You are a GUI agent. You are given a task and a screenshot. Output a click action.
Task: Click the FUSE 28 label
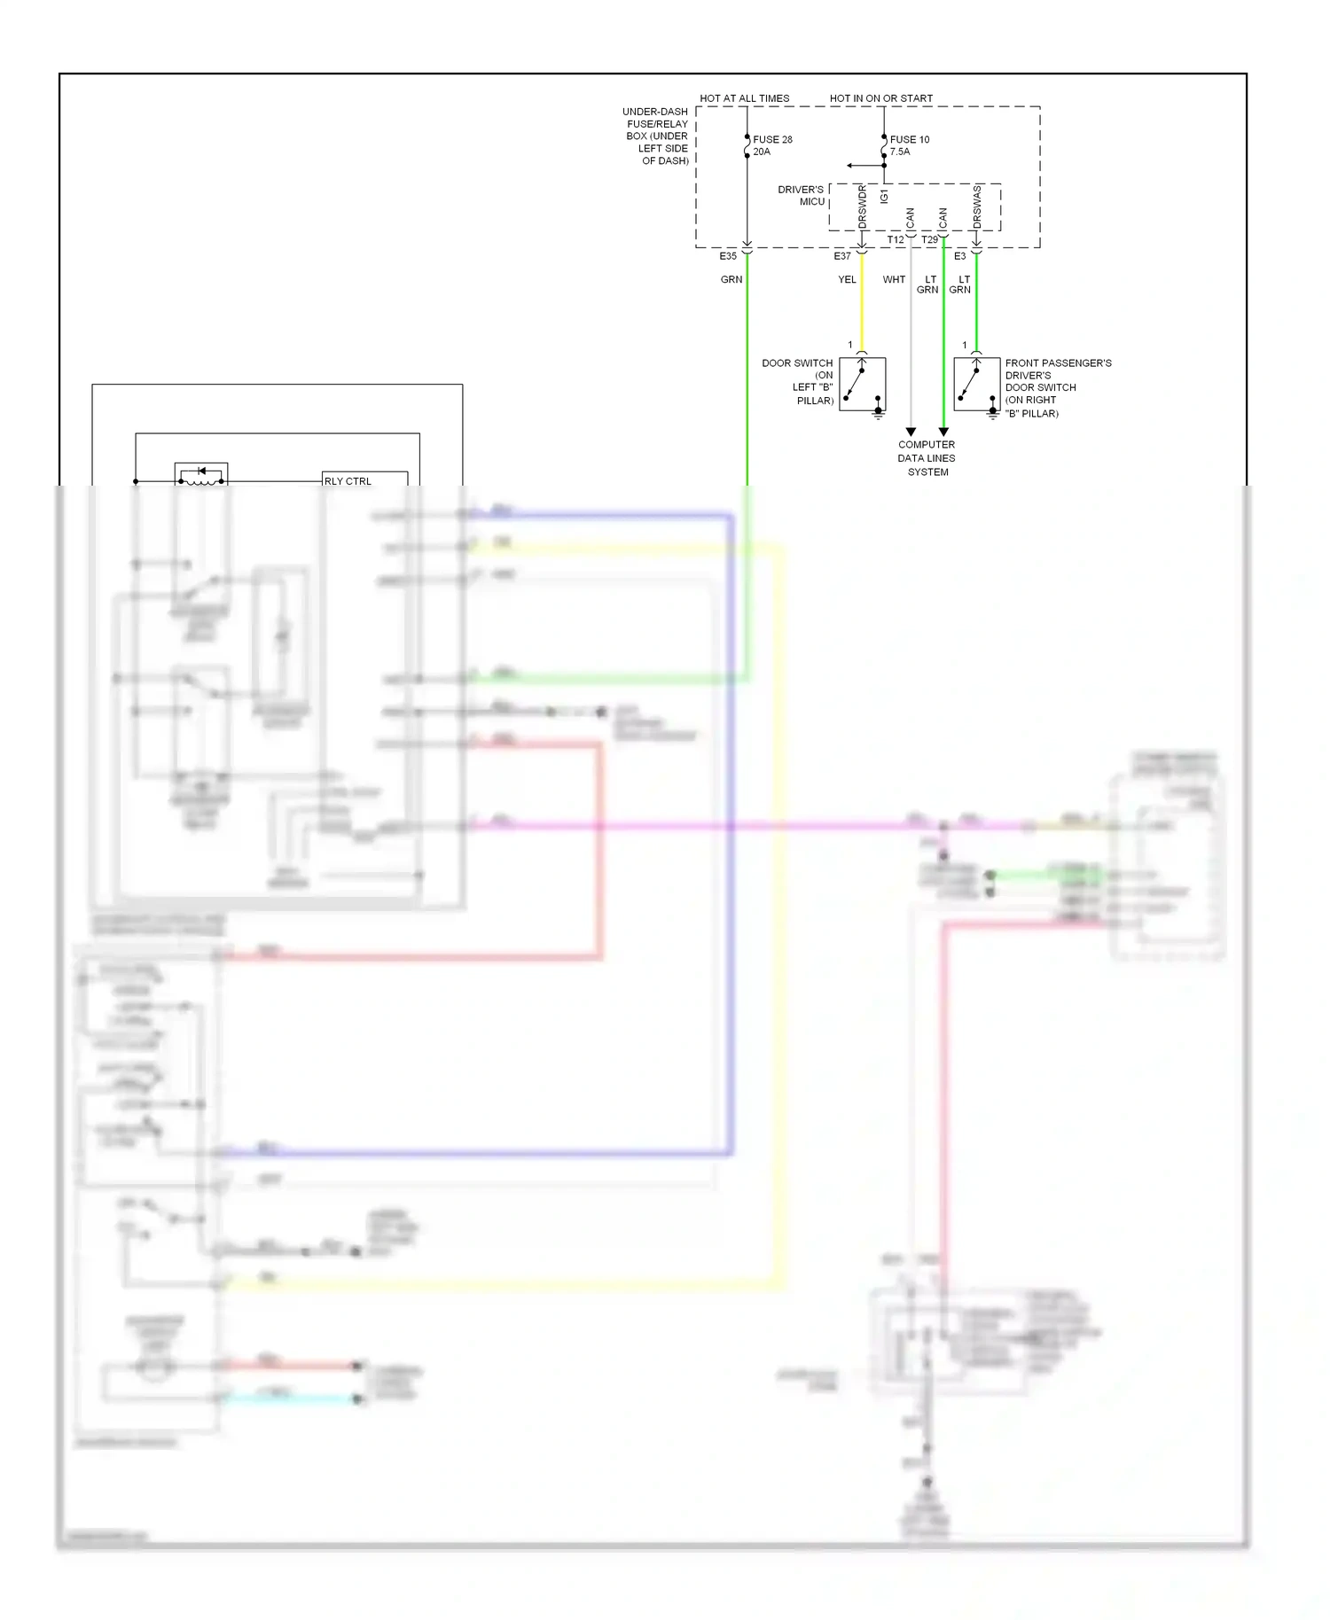[772, 139]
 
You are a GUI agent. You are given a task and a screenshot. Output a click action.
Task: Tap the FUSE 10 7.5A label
[909, 145]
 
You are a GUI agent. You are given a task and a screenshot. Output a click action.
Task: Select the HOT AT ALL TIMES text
[744, 98]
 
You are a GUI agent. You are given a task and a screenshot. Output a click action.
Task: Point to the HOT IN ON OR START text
[880, 98]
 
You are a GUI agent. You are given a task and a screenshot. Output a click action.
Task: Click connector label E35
[727, 256]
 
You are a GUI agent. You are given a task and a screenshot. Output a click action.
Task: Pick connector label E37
[841, 256]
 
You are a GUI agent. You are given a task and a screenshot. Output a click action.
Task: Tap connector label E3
[959, 256]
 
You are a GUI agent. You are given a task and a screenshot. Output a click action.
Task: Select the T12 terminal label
[896, 240]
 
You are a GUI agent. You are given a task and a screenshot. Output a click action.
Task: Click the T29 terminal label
[929, 240]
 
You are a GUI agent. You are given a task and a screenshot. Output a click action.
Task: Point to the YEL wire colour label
[847, 279]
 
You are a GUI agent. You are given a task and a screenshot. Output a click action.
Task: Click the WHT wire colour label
[894, 279]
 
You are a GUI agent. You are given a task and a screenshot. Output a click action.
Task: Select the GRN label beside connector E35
[731, 279]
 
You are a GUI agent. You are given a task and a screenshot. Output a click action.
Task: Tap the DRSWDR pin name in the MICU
[862, 206]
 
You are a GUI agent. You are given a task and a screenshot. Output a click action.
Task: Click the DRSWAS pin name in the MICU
[977, 206]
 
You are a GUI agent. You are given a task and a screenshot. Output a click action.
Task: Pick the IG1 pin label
[884, 196]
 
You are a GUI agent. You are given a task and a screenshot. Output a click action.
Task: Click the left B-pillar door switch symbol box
[862, 384]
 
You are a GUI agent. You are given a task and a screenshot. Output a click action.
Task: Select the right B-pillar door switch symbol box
[976, 384]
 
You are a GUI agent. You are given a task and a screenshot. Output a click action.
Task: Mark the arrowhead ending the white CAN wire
[911, 432]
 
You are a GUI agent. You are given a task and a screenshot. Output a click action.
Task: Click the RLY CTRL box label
[348, 481]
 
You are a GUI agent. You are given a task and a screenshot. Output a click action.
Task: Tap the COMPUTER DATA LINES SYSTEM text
[927, 458]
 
